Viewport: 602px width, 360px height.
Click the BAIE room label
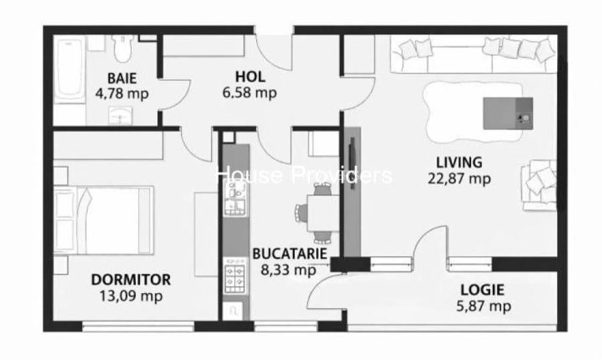coord(122,78)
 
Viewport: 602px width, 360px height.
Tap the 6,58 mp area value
coord(249,93)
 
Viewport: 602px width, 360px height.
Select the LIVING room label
coord(459,163)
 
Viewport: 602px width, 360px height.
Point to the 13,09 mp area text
coord(131,296)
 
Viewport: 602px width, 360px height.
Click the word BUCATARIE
coord(290,254)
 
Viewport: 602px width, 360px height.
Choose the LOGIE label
coord(482,289)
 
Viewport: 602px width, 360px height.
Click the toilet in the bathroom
coord(123,48)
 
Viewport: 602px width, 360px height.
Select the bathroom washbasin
coord(120,116)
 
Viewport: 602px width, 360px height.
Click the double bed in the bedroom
coord(104,220)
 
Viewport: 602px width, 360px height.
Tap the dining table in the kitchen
coord(323,213)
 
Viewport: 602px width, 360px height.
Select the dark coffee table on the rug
coord(508,113)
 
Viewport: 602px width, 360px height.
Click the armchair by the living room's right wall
coord(539,185)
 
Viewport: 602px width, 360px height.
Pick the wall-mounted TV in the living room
coord(351,164)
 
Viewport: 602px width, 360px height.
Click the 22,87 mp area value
coord(459,179)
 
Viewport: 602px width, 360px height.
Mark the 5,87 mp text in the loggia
coord(484,306)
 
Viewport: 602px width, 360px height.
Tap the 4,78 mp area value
coord(122,94)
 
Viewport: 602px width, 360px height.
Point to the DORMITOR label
coord(131,280)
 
